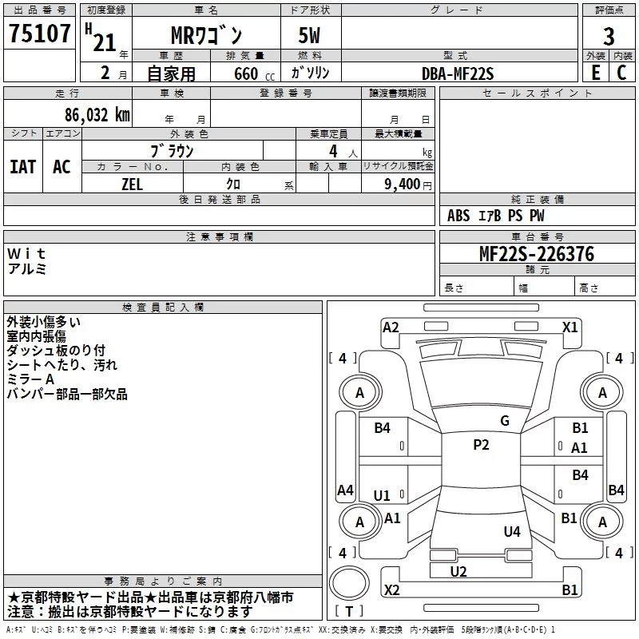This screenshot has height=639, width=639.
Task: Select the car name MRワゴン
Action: click(x=207, y=36)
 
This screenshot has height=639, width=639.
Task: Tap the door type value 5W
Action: click(x=311, y=36)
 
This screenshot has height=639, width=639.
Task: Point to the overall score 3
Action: click(x=609, y=36)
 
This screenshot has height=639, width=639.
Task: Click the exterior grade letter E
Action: click(x=595, y=72)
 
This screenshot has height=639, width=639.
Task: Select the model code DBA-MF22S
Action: click(x=458, y=73)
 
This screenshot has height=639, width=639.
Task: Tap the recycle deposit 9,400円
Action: click(x=407, y=185)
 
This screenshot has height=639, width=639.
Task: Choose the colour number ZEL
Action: click(x=133, y=185)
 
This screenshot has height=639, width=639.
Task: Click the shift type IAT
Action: click(x=22, y=166)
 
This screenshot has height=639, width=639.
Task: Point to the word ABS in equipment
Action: click(x=458, y=216)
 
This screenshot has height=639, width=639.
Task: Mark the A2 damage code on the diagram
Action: click(x=391, y=327)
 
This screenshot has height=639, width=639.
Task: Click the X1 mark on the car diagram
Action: click(x=570, y=327)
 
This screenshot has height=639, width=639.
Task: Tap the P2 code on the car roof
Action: click(x=481, y=445)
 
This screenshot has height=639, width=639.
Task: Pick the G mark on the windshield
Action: click(x=505, y=421)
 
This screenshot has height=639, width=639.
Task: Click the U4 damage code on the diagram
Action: click(x=512, y=531)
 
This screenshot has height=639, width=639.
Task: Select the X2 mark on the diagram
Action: click(x=391, y=590)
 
